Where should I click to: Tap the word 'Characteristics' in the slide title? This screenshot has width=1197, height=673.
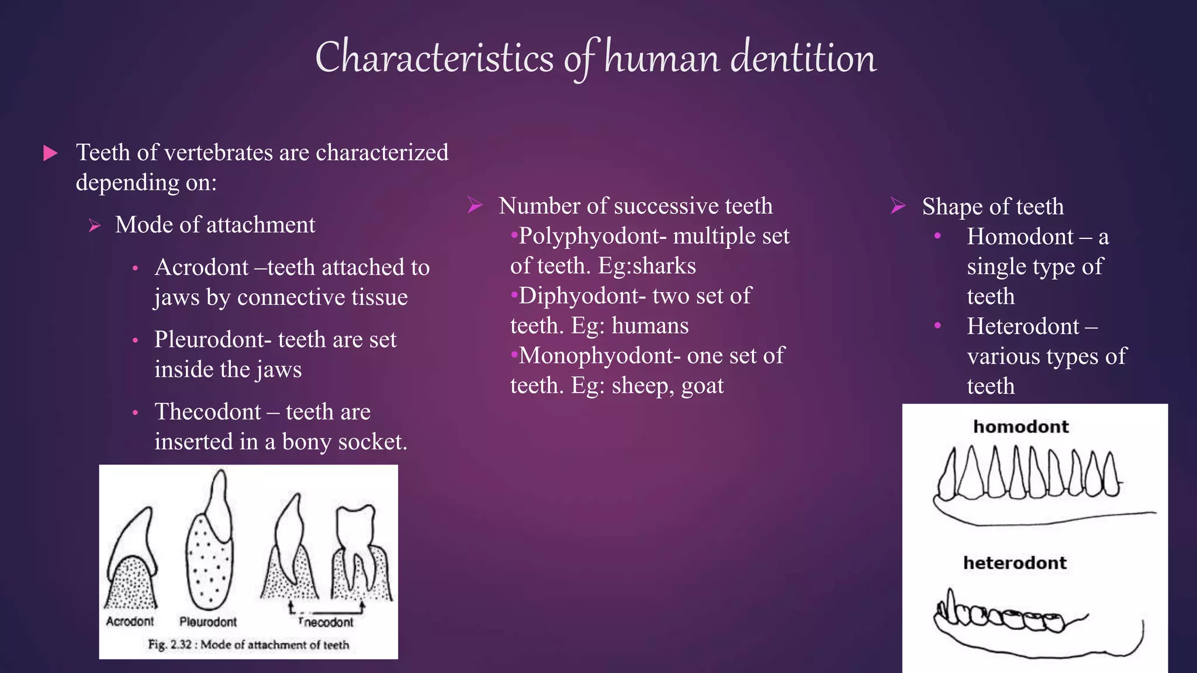pos(434,58)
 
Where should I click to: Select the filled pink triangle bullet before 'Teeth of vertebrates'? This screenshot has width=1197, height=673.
pos(51,154)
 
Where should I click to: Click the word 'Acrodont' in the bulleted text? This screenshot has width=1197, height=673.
pos(202,268)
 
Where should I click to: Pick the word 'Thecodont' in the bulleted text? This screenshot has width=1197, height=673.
pos(207,412)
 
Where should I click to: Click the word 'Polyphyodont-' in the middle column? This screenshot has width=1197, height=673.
pos(591,237)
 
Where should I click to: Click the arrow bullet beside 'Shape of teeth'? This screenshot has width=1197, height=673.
pos(898,206)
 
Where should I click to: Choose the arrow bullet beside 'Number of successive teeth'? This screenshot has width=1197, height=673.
pos(475,205)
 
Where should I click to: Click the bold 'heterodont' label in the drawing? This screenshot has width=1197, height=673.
pos(1015,563)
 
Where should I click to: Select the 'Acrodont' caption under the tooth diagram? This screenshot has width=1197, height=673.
pos(130,622)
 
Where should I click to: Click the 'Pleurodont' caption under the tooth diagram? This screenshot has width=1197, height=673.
pos(208,622)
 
